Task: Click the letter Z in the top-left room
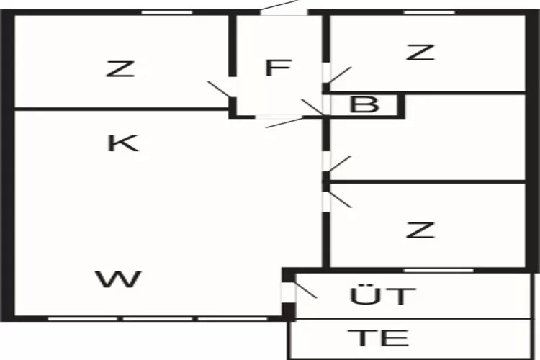[x=120, y=69]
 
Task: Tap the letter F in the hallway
[x=279, y=68]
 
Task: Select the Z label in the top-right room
[x=420, y=53]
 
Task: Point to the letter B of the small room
[x=364, y=104]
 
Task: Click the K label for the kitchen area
[x=123, y=143]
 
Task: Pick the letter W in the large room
[x=119, y=279]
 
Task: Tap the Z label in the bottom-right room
[x=420, y=230]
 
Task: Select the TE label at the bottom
[x=379, y=338]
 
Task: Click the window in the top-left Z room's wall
[x=167, y=12]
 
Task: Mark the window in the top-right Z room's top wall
[x=429, y=12]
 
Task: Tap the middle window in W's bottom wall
[x=158, y=319]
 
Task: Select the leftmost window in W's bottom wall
[x=83, y=319]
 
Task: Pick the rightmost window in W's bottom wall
[x=233, y=319]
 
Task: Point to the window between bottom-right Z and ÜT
[x=438, y=271]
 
